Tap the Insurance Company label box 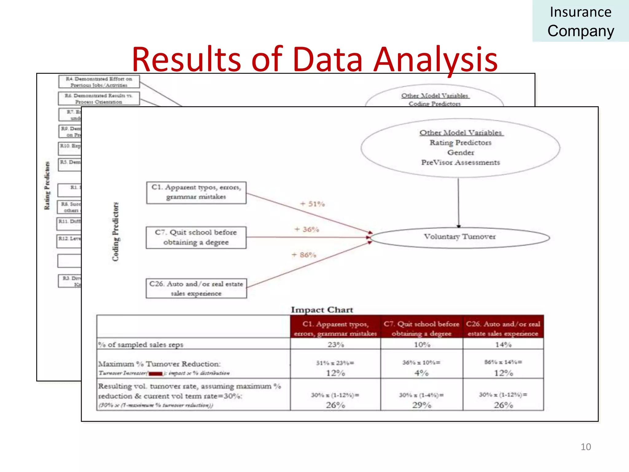point(580,21)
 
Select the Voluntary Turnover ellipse point(460,237)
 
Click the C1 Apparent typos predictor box point(196,192)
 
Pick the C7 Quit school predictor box point(196,238)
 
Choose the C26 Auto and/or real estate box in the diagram point(196,288)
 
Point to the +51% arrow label point(312,204)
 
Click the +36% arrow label point(307,230)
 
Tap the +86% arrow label point(304,255)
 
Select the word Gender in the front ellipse point(460,153)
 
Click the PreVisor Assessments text point(460,163)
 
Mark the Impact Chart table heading point(322,310)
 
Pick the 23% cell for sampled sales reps point(335,345)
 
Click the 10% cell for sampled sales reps point(422,345)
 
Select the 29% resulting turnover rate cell point(422,405)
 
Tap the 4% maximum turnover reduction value point(421,373)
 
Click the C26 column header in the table point(503,328)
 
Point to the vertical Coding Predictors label point(115,232)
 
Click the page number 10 point(586,447)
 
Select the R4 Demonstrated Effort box point(99,82)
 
